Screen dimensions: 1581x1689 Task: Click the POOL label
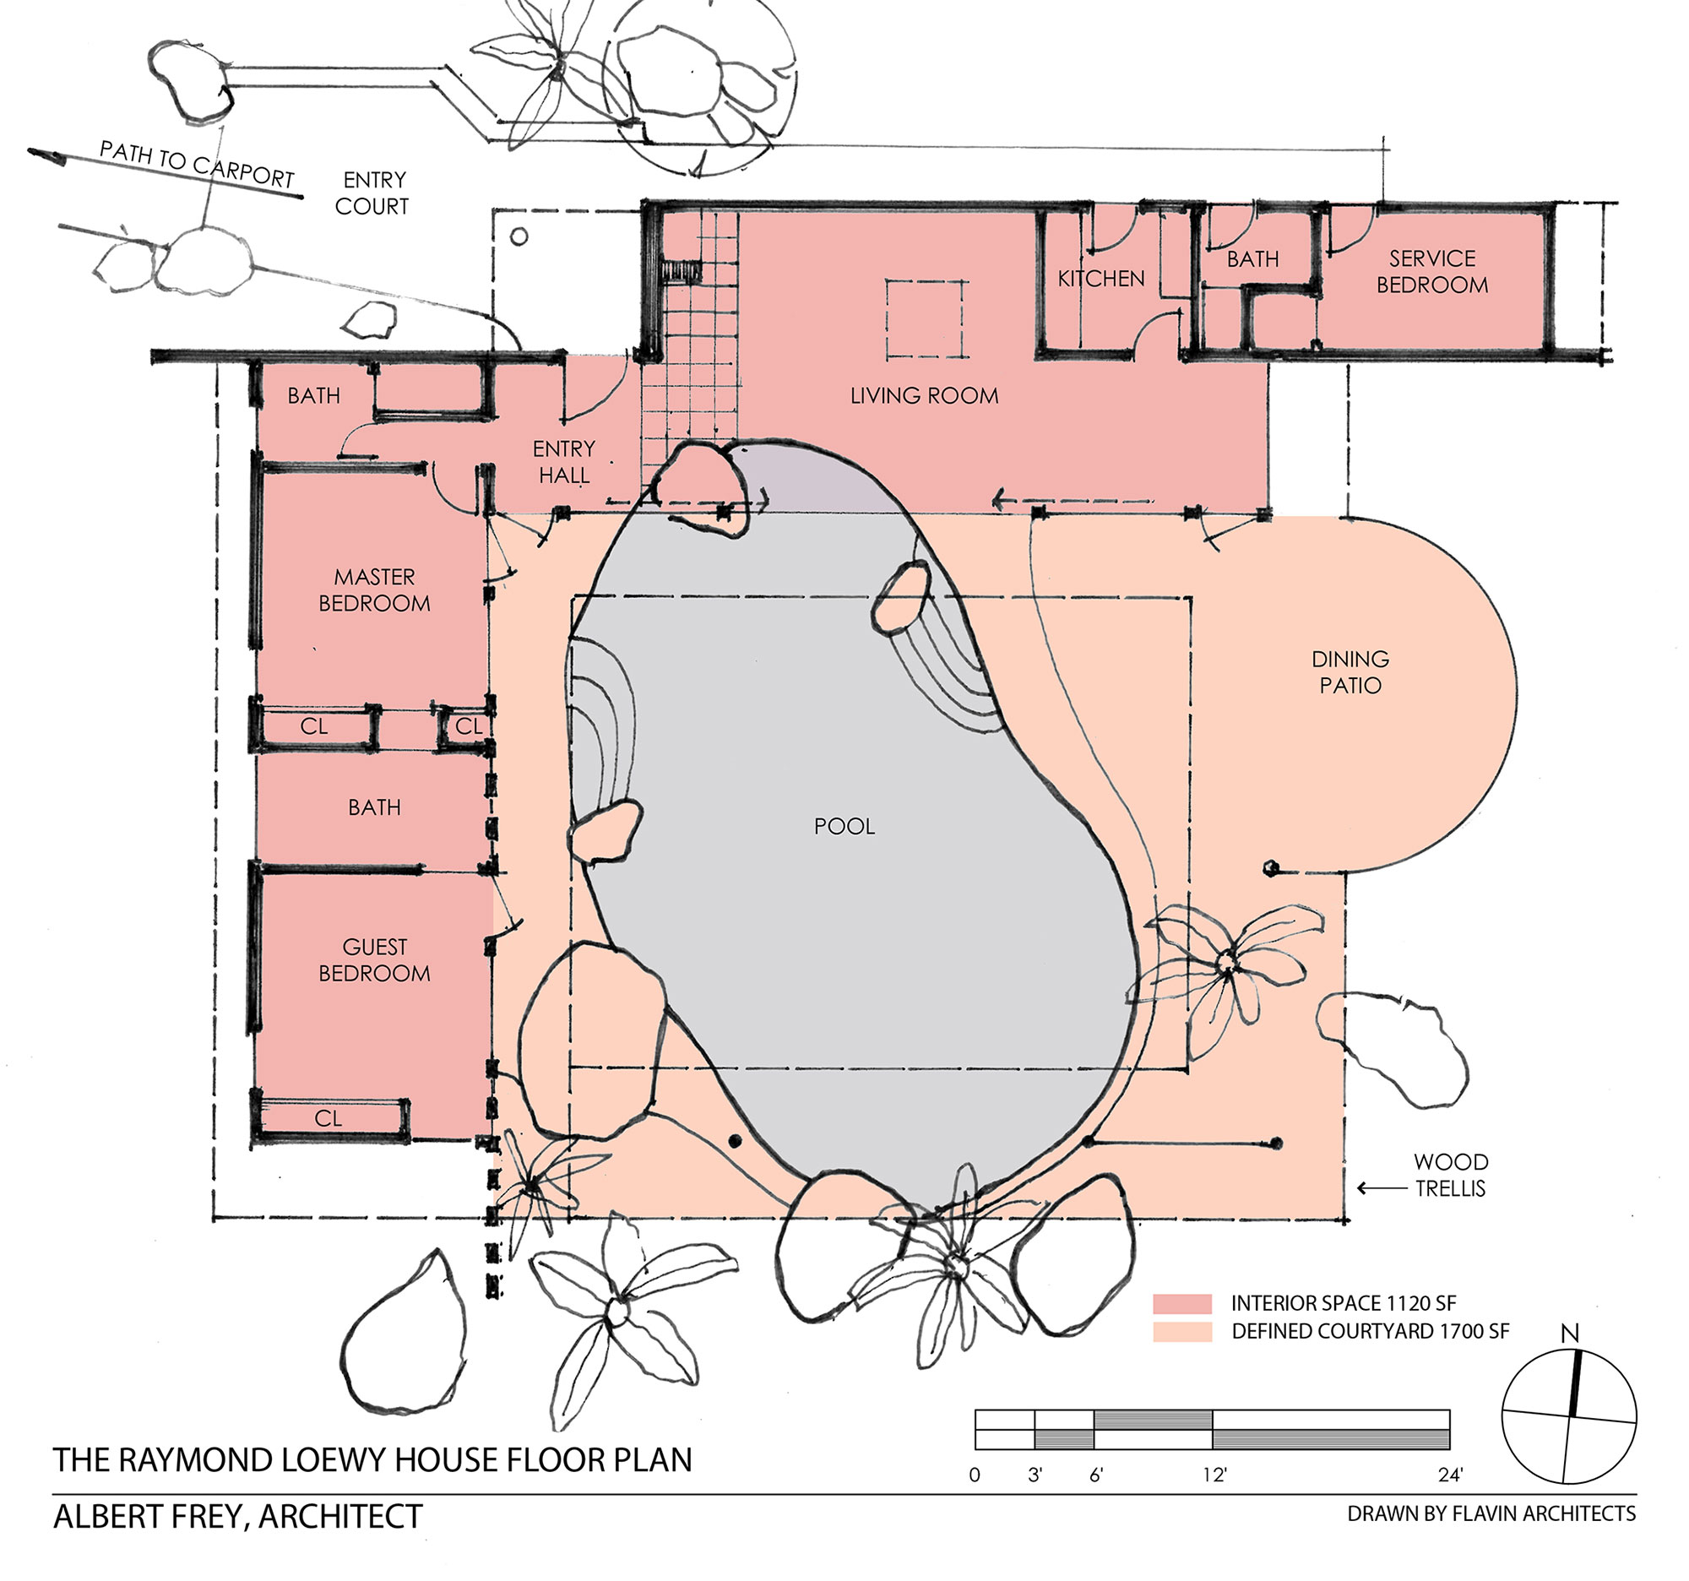tap(844, 827)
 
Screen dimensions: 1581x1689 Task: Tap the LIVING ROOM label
tap(924, 396)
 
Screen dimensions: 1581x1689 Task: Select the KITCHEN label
tap(1100, 279)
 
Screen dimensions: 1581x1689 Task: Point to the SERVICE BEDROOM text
tap(1431, 272)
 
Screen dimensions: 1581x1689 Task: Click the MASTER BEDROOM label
tap(374, 590)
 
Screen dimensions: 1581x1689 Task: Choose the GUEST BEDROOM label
tap(374, 960)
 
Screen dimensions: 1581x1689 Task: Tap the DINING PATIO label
tap(1350, 672)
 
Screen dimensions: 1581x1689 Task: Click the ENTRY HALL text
tap(563, 462)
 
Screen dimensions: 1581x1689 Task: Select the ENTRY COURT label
tap(372, 193)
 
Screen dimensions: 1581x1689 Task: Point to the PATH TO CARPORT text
tap(197, 164)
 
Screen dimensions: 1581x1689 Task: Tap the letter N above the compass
tap(1569, 1334)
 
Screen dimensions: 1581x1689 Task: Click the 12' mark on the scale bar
tap(1214, 1475)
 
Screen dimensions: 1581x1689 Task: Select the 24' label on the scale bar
tap(1450, 1475)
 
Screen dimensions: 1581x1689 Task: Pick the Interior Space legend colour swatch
tap(1181, 1303)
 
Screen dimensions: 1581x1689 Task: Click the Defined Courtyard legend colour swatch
tap(1181, 1331)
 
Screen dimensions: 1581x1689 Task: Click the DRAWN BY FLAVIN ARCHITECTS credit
tap(1491, 1514)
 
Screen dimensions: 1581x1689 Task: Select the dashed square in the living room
tap(926, 320)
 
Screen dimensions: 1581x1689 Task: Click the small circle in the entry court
tap(519, 237)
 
